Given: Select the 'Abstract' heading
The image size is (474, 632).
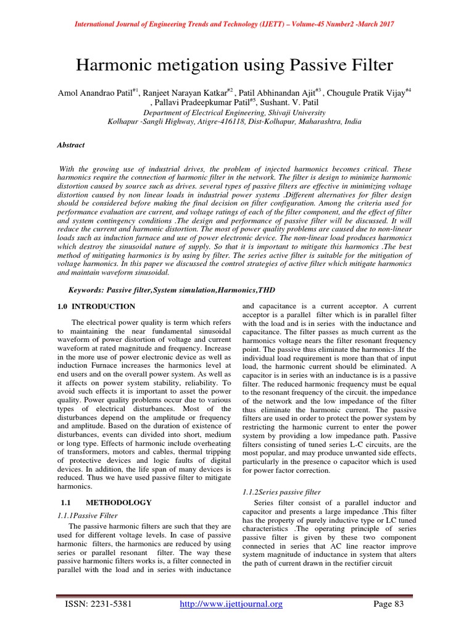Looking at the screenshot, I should [x=71, y=145].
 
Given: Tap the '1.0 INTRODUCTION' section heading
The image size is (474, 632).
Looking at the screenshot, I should [x=96, y=306].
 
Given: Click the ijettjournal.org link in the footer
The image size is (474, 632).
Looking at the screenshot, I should [x=231, y=604].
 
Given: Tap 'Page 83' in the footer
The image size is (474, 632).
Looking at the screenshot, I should [x=389, y=604].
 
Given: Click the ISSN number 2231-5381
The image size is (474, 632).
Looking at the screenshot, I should [x=110, y=604].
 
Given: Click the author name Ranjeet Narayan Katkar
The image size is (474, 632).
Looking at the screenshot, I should [x=179, y=93].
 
